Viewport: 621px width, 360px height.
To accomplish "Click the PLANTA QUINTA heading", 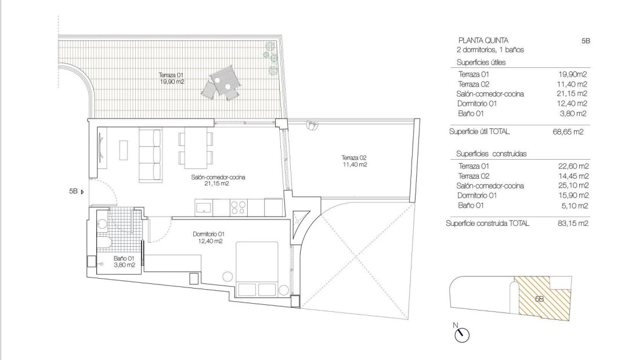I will coord(483,41).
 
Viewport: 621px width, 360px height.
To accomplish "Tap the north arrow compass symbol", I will coord(462,333).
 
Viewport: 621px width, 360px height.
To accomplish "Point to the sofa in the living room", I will coord(150,155).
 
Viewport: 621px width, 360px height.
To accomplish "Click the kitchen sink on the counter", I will coord(204,207).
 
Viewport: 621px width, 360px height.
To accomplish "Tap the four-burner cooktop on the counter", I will coord(239,207).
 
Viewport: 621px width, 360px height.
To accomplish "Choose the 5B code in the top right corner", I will coord(585,41).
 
